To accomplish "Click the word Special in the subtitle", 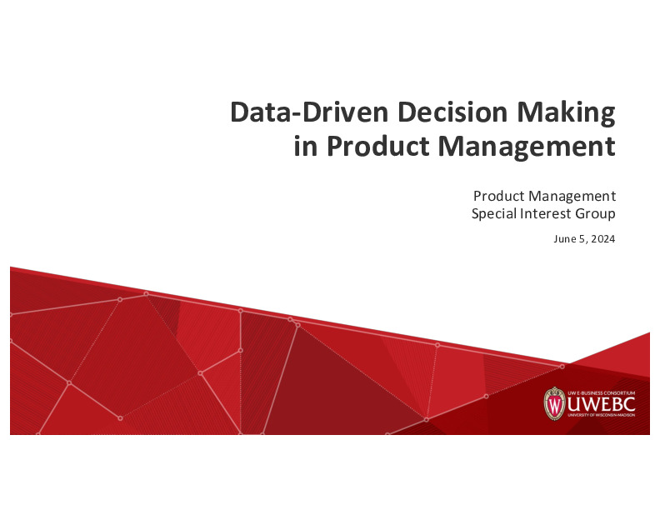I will click(x=494, y=214).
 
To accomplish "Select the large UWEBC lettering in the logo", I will click(x=601, y=404).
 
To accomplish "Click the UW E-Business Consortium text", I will click(x=601, y=391).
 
